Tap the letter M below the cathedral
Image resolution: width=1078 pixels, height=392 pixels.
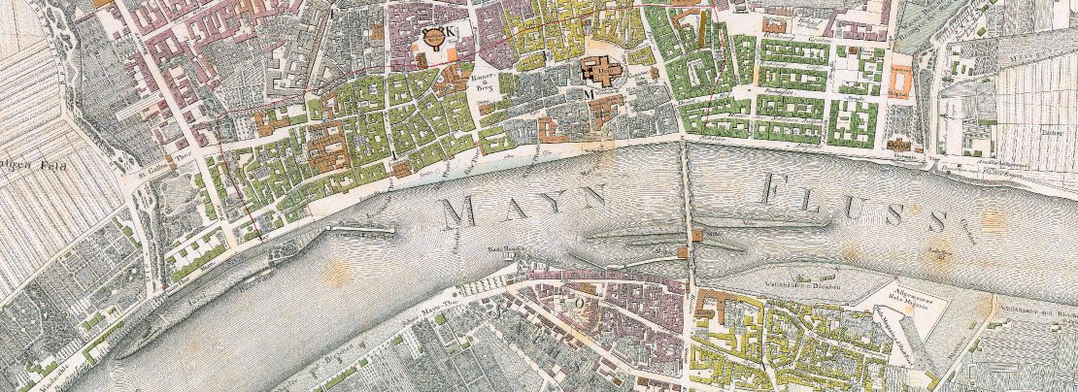[589, 95]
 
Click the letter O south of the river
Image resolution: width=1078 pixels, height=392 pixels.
[583, 301]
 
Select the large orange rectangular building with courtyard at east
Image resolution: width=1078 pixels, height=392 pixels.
[900, 80]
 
